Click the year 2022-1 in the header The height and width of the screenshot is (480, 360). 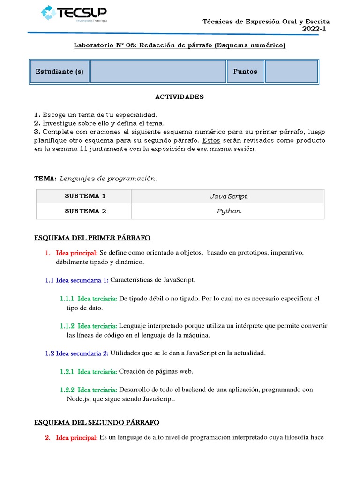[315, 29]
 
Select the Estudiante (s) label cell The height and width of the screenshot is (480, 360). [60, 72]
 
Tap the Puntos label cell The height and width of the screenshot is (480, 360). [245, 72]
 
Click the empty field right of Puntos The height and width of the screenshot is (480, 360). [291, 72]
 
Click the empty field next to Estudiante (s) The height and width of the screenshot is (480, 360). [158, 72]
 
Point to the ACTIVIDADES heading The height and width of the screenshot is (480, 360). [180, 97]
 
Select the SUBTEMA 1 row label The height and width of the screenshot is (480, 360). [85, 196]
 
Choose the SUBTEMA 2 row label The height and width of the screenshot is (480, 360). [85, 211]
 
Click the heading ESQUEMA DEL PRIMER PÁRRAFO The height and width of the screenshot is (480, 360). [92, 238]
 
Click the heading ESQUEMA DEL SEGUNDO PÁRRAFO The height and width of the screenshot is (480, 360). [97, 423]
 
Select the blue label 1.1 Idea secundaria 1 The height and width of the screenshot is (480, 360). [77, 280]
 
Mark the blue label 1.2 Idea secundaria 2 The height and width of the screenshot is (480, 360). [77, 353]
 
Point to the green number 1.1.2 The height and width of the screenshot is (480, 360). [67, 326]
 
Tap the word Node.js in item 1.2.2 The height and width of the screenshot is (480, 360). [80, 399]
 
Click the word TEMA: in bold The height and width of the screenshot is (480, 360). [45, 179]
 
